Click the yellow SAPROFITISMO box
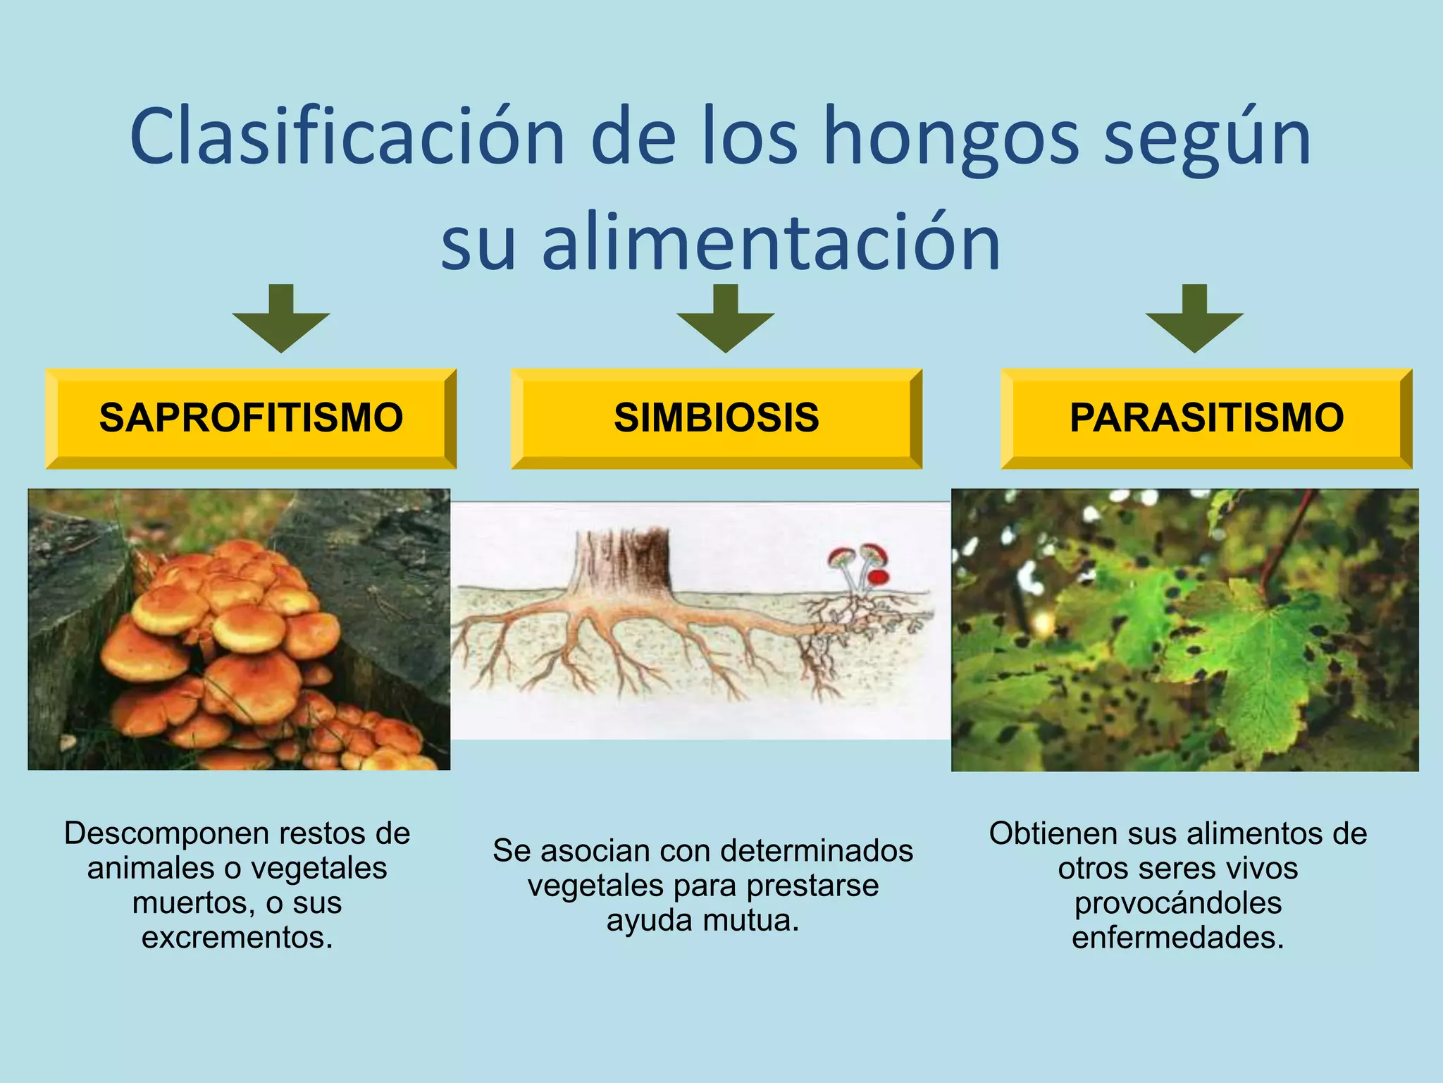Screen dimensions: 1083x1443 pos(251,418)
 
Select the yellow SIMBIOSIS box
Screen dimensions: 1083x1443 pos(716,418)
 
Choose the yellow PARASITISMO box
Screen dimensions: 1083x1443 pos(1206,418)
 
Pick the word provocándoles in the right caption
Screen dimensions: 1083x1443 pos(1177,903)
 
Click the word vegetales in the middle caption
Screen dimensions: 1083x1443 pos(595,886)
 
